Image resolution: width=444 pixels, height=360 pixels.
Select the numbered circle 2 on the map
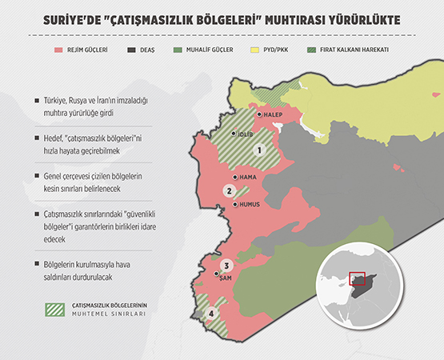(x=229, y=190)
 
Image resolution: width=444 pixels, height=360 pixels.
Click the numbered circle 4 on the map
(x=211, y=314)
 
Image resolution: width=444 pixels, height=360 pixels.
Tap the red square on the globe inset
(x=358, y=280)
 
